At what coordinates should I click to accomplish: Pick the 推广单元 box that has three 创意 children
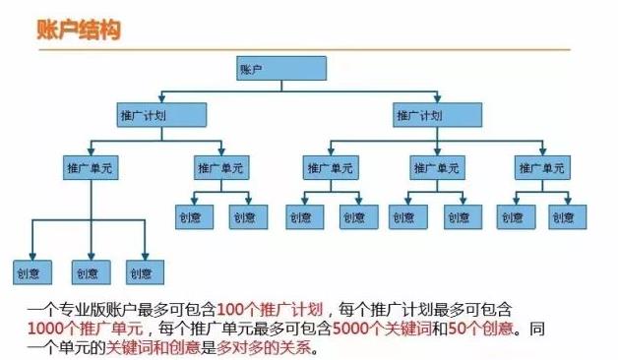90,167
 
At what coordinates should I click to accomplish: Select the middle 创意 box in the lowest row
89,272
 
